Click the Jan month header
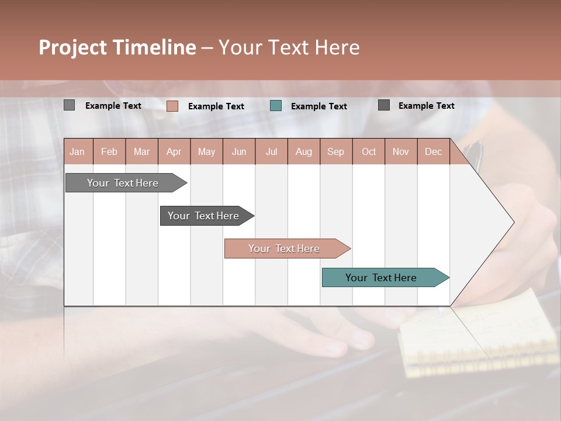(77, 151)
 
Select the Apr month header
(174, 151)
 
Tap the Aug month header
(303, 151)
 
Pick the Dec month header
(433, 151)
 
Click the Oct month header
(368, 151)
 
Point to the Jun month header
(238, 151)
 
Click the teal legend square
(276, 106)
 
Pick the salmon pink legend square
(172, 106)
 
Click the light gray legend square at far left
(69, 105)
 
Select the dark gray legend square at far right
(383, 105)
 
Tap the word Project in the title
(73, 47)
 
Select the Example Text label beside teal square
(318, 106)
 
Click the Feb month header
(109, 151)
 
